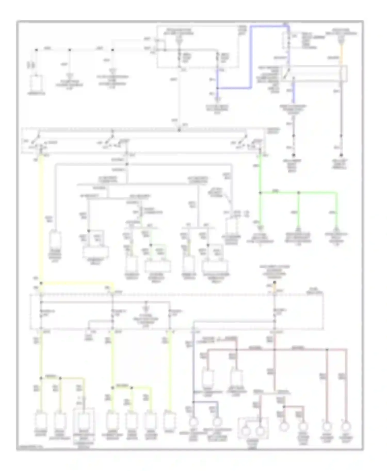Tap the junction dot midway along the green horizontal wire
299,192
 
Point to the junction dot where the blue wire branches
217,88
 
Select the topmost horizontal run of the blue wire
270,26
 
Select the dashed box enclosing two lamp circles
253,428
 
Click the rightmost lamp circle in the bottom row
345,427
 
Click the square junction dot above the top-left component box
36,50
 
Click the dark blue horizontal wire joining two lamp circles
205,402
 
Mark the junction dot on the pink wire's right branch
327,350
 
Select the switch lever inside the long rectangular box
286,73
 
